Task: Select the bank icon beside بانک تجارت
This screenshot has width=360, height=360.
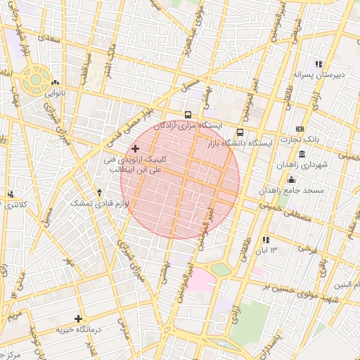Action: [x=300, y=129]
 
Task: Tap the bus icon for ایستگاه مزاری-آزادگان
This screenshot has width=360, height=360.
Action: [x=188, y=115]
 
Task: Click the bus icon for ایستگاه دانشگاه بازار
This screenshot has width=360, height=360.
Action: [x=240, y=131]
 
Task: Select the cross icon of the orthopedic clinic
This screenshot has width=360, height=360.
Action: [x=135, y=148]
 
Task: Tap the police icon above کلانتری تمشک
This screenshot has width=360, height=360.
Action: [x=11, y=194]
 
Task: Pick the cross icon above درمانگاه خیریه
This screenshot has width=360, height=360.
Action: [x=78, y=319]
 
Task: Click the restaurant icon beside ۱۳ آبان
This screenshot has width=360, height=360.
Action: [x=266, y=240]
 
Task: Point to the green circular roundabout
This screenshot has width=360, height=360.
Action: [x=33, y=79]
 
